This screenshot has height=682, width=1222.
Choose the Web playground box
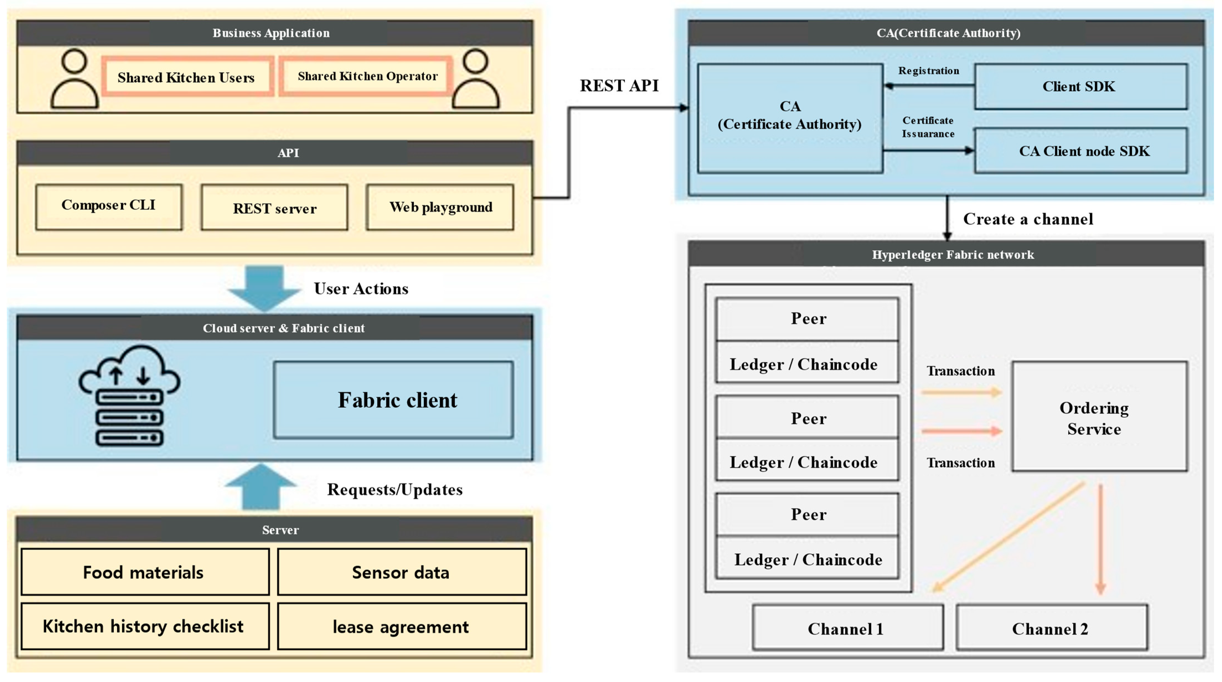pos(440,207)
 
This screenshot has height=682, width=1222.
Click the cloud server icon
pos(129,396)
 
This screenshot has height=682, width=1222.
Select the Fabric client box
pos(393,400)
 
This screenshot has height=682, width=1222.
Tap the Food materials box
pos(145,572)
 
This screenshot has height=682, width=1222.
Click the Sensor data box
pos(401,572)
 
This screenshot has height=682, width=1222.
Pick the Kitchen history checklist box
pos(145,626)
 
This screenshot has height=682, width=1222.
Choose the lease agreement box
pos(401,626)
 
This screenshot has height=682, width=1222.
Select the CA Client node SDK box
pos(1081,151)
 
